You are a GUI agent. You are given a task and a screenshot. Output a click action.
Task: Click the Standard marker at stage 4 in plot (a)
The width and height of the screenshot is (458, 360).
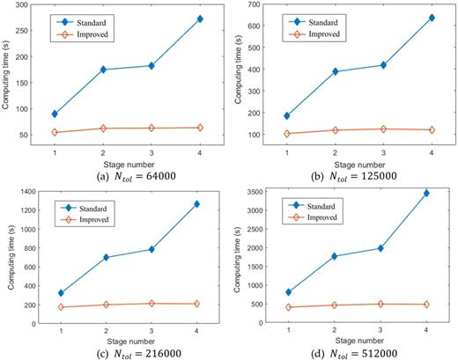200,18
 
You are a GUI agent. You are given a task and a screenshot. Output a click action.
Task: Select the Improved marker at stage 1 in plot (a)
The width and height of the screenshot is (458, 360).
55,133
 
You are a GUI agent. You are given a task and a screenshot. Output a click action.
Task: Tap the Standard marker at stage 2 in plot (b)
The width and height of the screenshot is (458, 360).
335,71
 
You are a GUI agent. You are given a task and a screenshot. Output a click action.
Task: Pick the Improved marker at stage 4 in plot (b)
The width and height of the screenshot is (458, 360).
432,130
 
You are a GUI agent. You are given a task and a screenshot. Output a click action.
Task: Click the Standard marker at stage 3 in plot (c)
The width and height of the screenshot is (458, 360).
151,249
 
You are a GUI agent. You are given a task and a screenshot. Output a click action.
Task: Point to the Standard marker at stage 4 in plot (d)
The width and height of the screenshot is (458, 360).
426,193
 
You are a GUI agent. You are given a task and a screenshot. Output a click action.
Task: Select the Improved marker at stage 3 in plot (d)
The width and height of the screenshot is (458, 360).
379,304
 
